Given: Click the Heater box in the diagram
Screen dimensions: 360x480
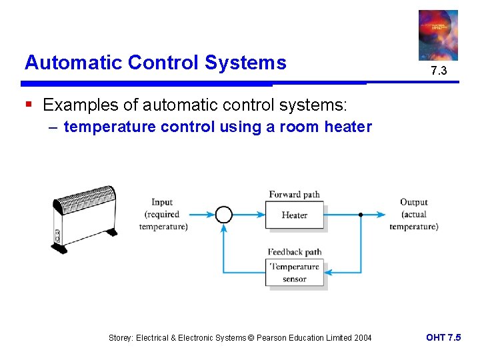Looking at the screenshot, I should tap(294, 215).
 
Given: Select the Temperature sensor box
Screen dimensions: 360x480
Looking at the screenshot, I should tap(294, 273).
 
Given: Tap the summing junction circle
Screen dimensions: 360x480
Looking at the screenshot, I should tap(224, 215).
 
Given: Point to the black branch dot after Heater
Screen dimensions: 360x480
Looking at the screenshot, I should tap(361, 215).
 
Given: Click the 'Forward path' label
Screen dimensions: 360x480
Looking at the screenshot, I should tap(294, 195).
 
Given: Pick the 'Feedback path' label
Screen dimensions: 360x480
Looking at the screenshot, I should tap(294, 252).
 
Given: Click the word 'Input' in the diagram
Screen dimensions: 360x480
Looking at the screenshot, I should tap(162, 202).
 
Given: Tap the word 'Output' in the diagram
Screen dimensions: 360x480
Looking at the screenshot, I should tap(413, 202).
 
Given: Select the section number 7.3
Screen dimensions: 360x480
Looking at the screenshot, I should tap(438, 70).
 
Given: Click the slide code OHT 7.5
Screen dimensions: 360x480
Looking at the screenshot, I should tap(443, 337).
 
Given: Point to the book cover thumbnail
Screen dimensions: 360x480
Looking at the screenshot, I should tap(438, 35).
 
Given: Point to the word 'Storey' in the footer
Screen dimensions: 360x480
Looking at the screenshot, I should tap(121, 338).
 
